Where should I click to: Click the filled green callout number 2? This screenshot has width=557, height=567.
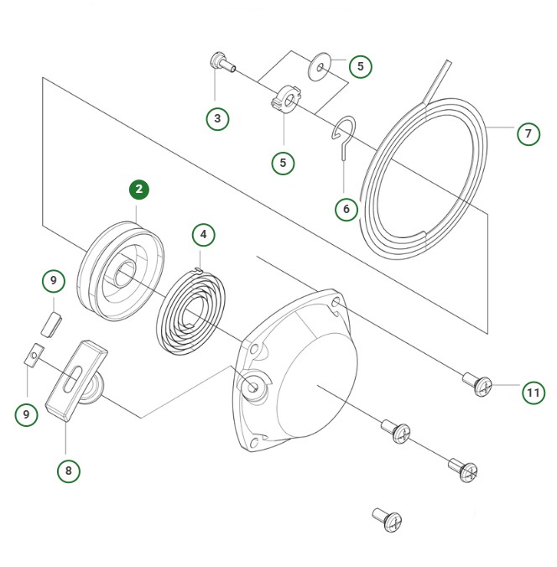click(x=139, y=190)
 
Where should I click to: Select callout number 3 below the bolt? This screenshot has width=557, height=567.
click(x=217, y=118)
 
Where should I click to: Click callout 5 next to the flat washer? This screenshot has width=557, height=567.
click(x=360, y=66)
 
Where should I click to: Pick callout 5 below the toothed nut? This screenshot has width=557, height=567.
click(x=283, y=163)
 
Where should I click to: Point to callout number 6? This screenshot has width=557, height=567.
click(x=345, y=208)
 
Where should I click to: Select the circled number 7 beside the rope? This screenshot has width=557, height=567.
click(x=528, y=133)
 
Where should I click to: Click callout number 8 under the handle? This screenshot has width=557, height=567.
click(x=68, y=471)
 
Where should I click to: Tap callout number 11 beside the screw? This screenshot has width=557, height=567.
click(x=533, y=392)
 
